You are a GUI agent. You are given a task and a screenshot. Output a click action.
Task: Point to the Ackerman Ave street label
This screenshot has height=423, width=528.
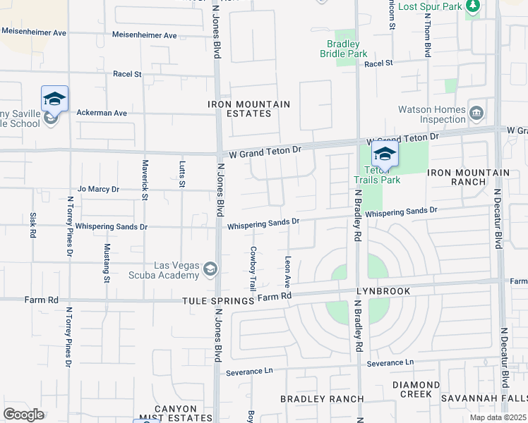[102, 113]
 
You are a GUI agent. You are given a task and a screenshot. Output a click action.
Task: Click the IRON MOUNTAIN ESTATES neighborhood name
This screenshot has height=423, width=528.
[248, 109]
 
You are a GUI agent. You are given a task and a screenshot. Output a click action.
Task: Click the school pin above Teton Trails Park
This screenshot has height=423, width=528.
[385, 154]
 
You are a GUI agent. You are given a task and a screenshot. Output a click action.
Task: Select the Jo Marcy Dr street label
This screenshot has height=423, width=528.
[99, 189]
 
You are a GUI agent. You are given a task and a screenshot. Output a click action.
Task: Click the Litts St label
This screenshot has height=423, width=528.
[181, 174]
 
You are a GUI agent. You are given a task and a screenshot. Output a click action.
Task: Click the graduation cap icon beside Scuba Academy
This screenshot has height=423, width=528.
[210, 269]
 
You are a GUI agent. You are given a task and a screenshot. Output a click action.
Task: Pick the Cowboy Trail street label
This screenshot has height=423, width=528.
[252, 269]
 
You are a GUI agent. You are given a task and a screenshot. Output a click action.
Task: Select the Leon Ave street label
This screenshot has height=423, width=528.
[287, 271]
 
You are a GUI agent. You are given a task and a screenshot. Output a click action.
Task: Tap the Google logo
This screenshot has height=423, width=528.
[24, 415]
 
